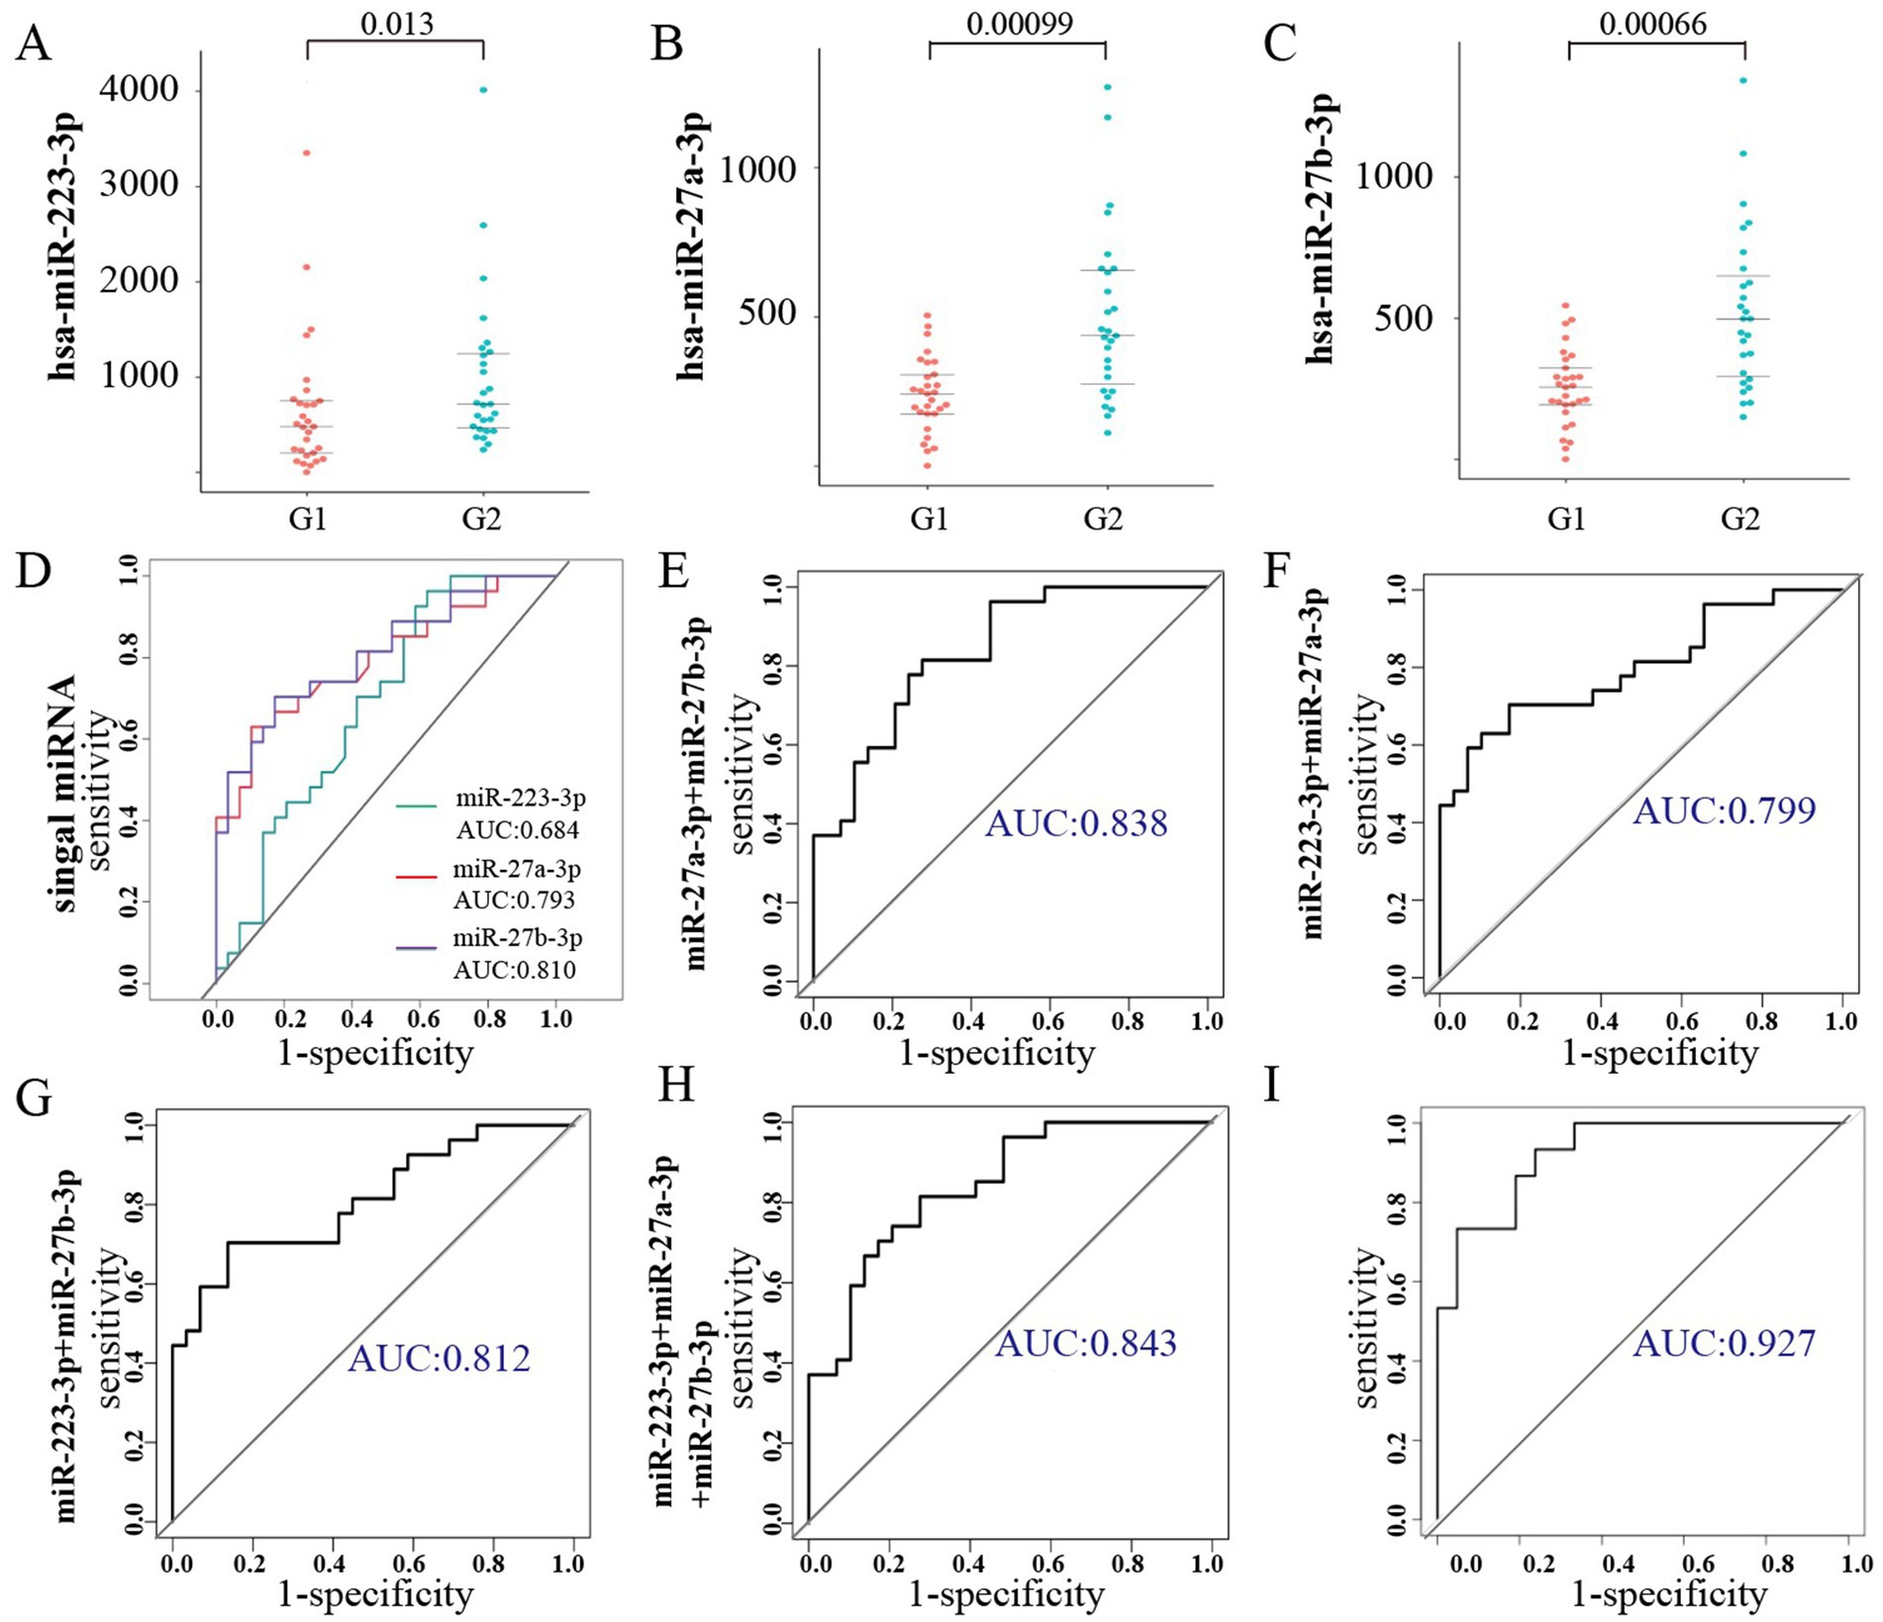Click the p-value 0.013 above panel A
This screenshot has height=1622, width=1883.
click(x=396, y=24)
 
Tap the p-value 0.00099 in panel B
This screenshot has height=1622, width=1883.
click(x=1019, y=24)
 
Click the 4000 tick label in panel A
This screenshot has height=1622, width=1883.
click(x=144, y=91)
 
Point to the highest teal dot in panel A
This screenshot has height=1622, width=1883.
click(x=483, y=90)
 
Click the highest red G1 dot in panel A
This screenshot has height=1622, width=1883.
click(x=307, y=152)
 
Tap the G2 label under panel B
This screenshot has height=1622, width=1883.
click(x=1104, y=519)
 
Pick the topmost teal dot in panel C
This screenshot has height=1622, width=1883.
click(x=1743, y=80)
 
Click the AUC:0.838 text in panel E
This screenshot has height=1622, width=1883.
click(x=1076, y=822)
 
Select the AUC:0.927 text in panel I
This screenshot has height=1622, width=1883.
click(x=1724, y=1343)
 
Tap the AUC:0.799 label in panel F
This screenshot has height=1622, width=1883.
click(x=1724, y=811)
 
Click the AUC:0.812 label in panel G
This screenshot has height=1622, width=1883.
click(x=439, y=1358)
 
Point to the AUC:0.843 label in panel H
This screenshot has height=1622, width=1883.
click(x=1085, y=1343)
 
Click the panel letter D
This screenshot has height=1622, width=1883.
click(x=34, y=573)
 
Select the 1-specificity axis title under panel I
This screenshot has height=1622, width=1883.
click(x=1668, y=1593)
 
